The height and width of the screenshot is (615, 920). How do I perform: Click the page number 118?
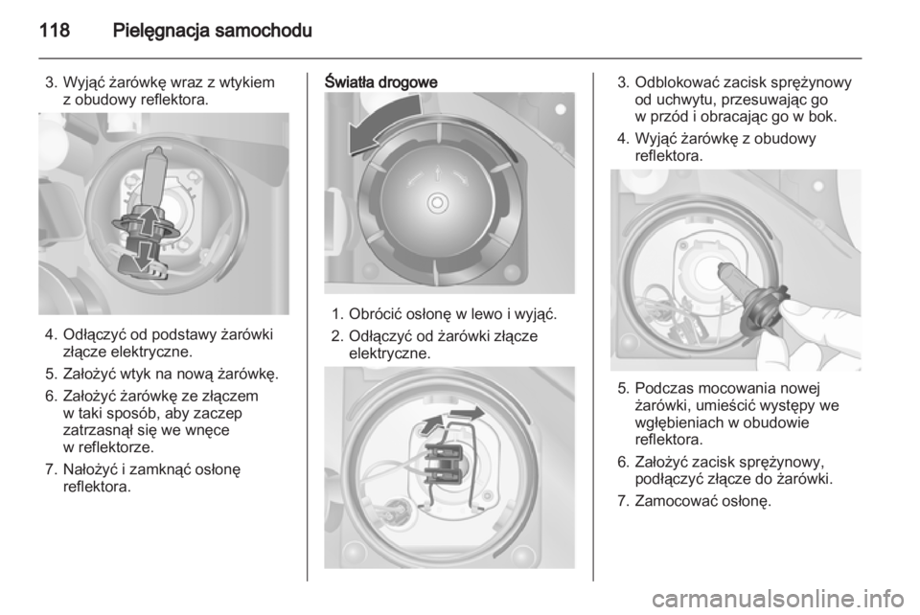click(55, 30)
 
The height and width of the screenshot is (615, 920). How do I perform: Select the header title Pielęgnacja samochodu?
click(213, 31)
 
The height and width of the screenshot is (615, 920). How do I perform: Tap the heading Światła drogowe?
click(380, 82)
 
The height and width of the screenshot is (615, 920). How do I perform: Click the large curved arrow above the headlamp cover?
click(383, 124)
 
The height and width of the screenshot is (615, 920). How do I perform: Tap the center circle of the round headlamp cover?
click(436, 203)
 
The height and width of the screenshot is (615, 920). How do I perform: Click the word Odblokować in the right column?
click(677, 82)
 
